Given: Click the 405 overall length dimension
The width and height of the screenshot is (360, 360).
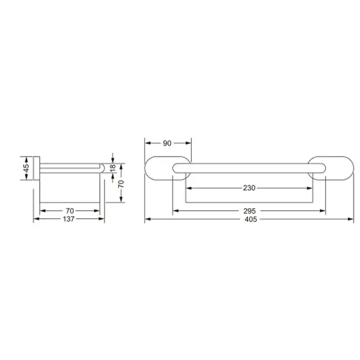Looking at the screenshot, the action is pyautogui.click(x=250, y=219).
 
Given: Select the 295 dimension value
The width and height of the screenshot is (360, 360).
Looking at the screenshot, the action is pyautogui.click(x=249, y=211).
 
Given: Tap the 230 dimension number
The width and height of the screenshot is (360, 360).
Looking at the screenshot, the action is pyautogui.click(x=249, y=188).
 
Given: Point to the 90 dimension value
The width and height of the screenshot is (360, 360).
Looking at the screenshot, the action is pyautogui.click(x=167, y=143).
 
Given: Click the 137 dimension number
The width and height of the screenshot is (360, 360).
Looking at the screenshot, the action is pyautogui.click(x=68, y=219).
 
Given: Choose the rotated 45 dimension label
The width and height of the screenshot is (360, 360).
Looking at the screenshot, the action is pyautogui.click(x=26, y=168).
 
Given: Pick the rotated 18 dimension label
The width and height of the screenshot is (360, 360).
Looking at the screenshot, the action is pyautogui.click(x=113, y=168).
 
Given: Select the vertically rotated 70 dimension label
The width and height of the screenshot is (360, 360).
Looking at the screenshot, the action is pyautogui.click(x=121, y=184).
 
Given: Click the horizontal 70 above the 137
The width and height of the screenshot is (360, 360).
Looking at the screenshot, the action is pyautogui.click(x=70, y=211).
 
